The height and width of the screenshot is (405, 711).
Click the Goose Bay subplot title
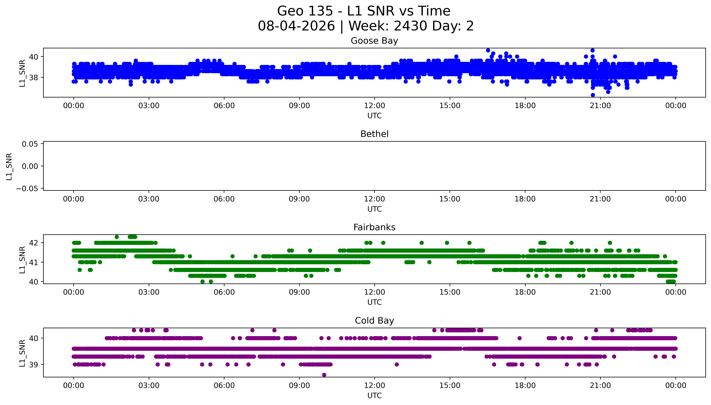374,41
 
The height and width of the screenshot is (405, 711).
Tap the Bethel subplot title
374,134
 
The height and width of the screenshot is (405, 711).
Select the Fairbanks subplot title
374,227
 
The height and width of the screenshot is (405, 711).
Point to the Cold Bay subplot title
374,321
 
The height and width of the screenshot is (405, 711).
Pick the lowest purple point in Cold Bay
324,375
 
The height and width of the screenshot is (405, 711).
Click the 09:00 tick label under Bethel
299,199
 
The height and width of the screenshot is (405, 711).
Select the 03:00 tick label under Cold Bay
149,386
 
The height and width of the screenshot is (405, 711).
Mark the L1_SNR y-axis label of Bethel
9,166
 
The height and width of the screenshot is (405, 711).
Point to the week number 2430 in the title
411,26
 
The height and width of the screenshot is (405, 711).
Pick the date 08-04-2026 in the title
296,26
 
